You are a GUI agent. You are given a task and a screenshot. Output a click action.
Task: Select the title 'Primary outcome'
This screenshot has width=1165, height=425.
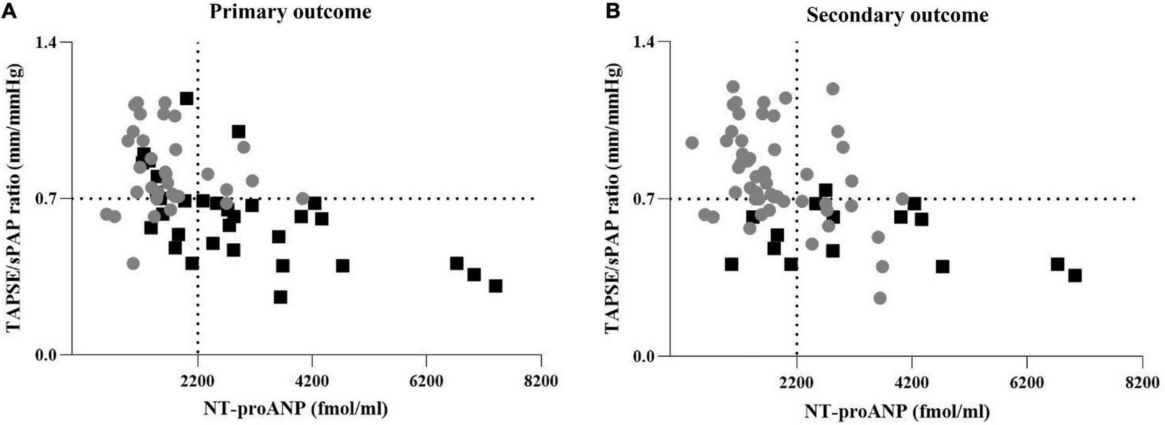click(291, 12)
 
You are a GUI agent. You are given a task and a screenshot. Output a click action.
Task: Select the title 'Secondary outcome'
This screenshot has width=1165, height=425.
click(897, 15)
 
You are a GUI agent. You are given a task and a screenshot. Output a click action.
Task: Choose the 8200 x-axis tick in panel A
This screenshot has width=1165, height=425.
click(541, 381)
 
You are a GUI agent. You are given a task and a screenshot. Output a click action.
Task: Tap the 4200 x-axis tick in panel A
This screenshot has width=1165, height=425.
click(312, 381)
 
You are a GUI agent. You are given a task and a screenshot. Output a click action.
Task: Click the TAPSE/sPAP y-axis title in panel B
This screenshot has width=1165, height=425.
click(617, 199)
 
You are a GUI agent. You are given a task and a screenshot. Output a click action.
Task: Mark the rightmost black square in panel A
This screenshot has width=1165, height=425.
click(496, 286)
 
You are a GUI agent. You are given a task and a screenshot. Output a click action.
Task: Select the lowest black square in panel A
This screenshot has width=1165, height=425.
click(281, 297)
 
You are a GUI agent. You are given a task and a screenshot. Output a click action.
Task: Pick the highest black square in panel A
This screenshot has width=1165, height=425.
click(187, 98)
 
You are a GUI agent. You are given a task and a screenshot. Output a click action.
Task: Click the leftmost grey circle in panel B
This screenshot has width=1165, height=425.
click(692, 143)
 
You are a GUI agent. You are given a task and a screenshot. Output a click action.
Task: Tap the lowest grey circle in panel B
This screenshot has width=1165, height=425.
click(880, 298)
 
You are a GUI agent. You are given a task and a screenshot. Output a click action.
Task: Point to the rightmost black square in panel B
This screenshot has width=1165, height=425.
click(1075, 275)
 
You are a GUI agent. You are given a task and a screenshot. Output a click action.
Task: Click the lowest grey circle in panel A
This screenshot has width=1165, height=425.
click(133, 263)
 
